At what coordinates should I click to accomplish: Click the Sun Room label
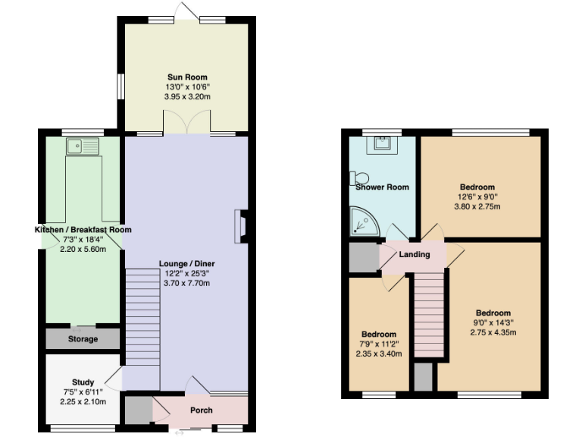187,77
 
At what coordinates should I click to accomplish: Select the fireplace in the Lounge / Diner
240,226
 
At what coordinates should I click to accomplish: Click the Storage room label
83,339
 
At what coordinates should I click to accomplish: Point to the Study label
83,382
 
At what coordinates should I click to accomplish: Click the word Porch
202,410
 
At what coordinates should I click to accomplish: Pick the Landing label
415,254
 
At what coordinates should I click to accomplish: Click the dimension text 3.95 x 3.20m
187,97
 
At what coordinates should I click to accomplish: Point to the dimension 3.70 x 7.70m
187,283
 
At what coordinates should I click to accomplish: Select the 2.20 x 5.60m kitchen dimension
83,249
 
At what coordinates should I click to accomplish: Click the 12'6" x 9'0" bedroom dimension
477,197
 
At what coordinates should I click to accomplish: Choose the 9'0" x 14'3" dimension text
493,322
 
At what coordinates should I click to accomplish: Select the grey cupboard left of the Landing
363,257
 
